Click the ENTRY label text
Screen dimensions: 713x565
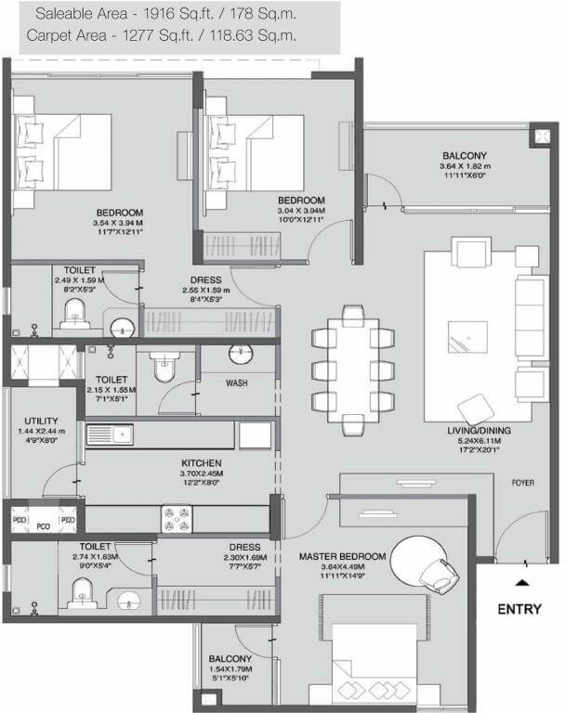[x=520, y=610]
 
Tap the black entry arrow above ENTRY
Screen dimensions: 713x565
[x=521, y=583]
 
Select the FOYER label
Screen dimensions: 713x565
[x=522, y=483]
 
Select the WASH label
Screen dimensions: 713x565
[x=236, y=382]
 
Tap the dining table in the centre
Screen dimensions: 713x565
[x=354, y=370]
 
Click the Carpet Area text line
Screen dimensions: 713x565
[x=162, y=36]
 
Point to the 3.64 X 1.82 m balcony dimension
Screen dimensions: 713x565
[x=463, y=166]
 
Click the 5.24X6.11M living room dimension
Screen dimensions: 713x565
[x=483, y=442]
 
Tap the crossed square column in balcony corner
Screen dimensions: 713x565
[x=541, y=136]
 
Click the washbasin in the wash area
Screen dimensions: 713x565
[x=241, y=355]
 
